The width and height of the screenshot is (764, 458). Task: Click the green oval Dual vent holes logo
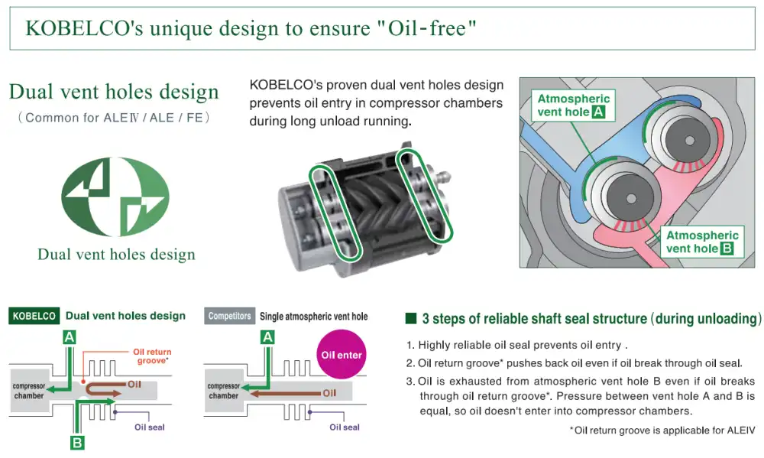pyautogui.click(x=115, y=197)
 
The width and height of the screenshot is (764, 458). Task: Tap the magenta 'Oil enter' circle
pyautogui.click(x=341, y=355)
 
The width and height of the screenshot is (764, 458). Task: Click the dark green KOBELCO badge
pyautogui.click(x=34, y=316)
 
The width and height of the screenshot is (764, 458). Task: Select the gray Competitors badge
pyautogui.click(x=229, y=316)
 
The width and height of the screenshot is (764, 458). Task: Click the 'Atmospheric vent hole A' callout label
pyautogui.click(x=573, y=106)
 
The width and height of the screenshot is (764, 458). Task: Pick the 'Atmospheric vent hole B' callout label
pyautogui.click(x=701, y=242)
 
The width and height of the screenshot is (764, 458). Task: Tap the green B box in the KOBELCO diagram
pyautogui.click(x=77, y=443)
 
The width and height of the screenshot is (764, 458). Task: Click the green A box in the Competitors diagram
pyautogui.click(x=267, y=337)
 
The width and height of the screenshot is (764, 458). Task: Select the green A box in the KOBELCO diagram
pyautogui.click(x=70, y=337)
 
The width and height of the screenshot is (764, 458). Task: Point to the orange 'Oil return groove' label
pyautogui.click(x=152, y=356)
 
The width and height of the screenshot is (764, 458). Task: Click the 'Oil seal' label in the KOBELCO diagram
pyautogui.click(x=150, y=427)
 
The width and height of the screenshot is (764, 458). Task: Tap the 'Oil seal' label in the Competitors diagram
pyautogui.click(x=345, y=427)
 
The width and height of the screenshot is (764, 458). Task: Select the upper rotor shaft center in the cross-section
pyautogui.click(x=689, y=141)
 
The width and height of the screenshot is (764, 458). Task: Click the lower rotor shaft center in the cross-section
pyautogui.click(x=631, y=199)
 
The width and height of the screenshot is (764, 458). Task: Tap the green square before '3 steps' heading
pyautogui.click(x=411, y=319)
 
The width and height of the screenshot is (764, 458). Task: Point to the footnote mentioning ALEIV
pyautogui.click(x=662, y=430)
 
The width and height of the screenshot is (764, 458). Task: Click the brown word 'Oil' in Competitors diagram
pyautogui.click(x=329, y=393)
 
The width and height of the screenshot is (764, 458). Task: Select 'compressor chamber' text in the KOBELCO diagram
pyautogui.click(x=29, y=391)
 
